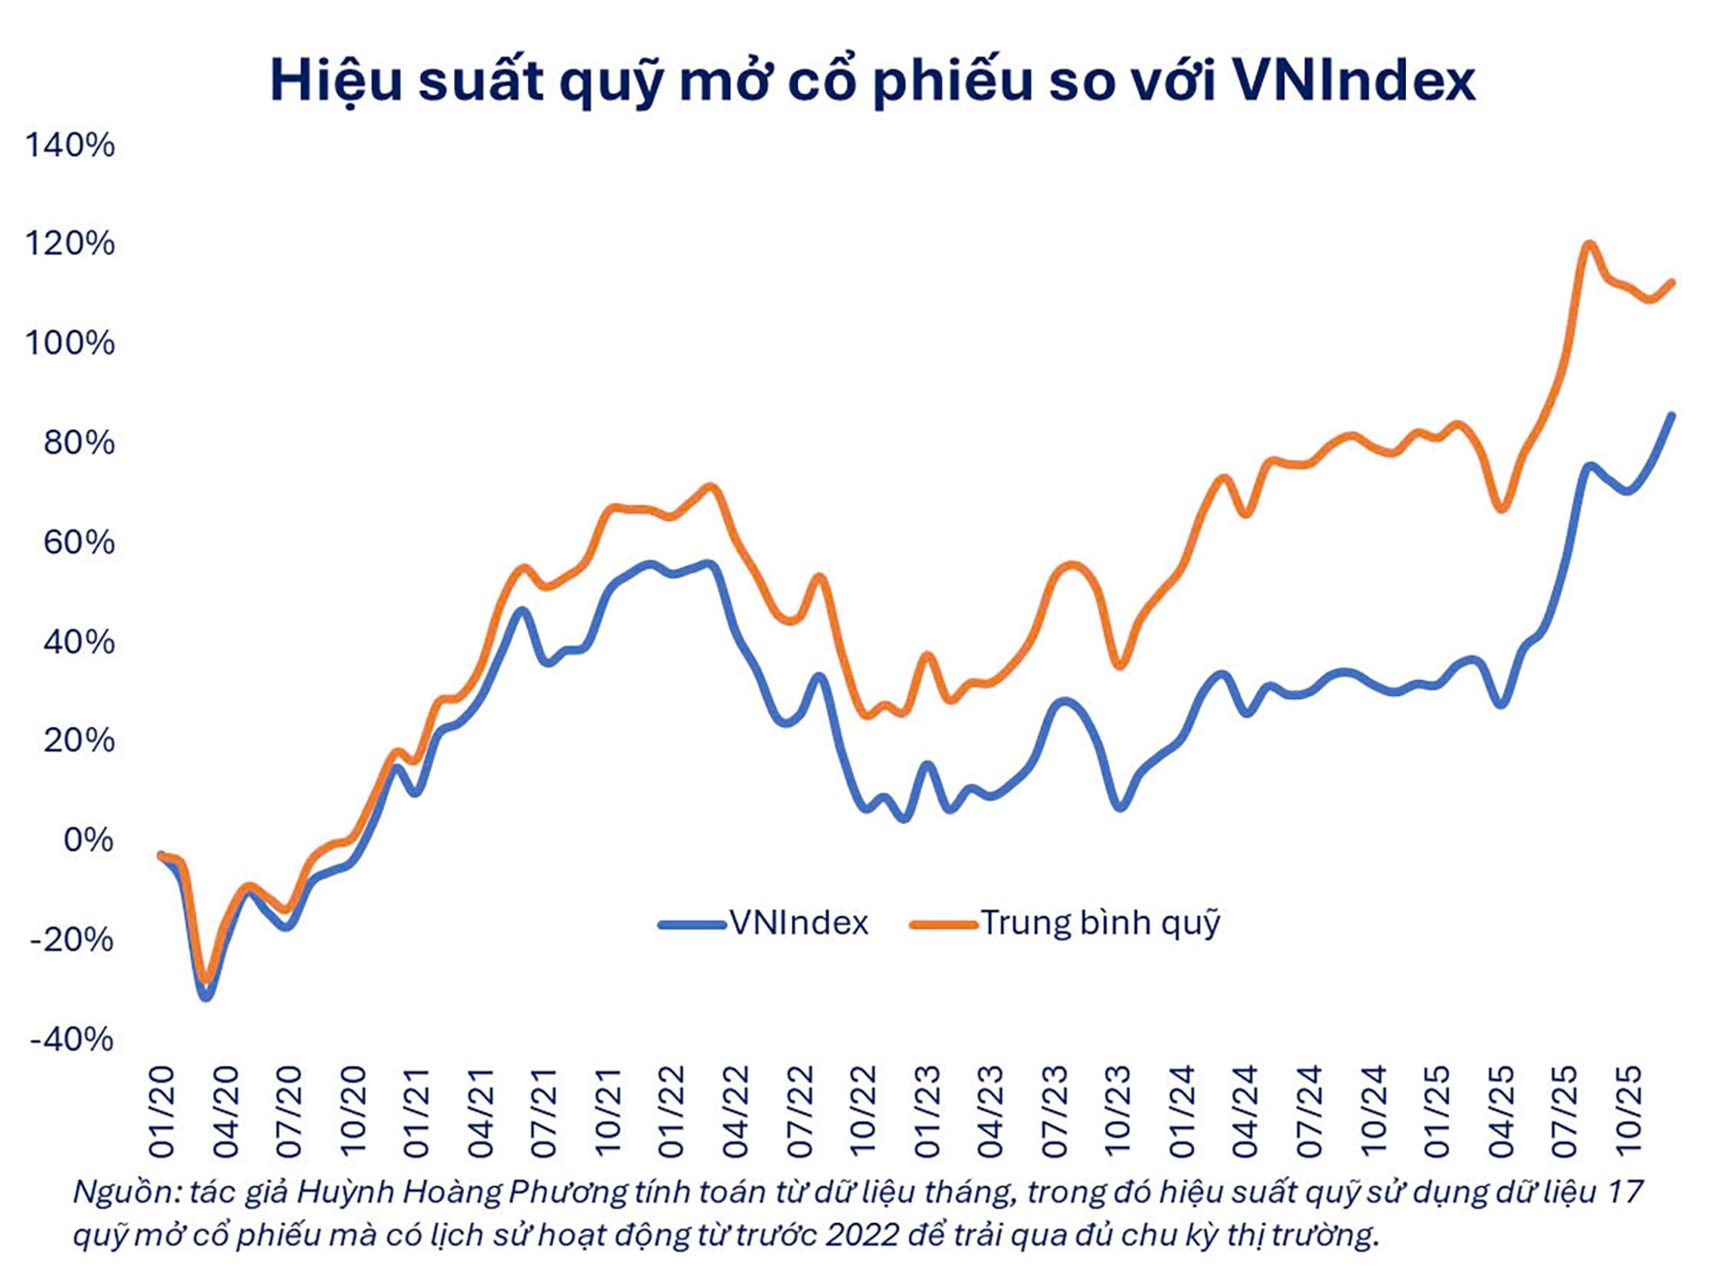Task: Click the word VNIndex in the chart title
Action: click(x=1354, y=80)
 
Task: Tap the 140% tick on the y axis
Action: click(x=70, y=145)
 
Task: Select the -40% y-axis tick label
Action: click(x=72, y=1039)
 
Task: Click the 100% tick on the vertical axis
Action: click(x=70, y=343)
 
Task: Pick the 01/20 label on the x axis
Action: click(x=162, y=1112)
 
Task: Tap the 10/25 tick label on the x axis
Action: click(x=1629, y=1112)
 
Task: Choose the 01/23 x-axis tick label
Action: click(x=927, y=1112)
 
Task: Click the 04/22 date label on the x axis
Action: click(x=736, y=1112)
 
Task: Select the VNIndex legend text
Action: click(x=799, y=923)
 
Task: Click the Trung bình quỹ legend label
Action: click(x=1100, y=923)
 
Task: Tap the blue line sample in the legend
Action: click(x=691, y=925)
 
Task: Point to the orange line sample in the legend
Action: click(x=943, y=925)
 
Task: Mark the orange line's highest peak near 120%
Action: click(x=1588, y=243)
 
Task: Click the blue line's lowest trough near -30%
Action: click(x=205, y=996)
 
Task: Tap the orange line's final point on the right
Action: click(x=1671, y=283)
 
